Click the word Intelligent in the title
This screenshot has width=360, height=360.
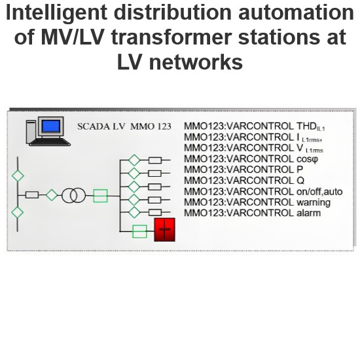click(x=56, y=14)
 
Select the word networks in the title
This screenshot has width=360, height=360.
click(x=196, y=62)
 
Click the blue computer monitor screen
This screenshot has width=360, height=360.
click(x=51, y=126)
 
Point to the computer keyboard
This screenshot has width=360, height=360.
click(x=50, y=142)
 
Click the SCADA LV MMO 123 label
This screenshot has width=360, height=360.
click(x=124, y=126)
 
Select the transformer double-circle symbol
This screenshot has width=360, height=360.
click(x=74, y=196)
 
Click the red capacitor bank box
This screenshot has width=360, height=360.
click(x=164, y=230)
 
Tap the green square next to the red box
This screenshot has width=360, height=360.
click(x=139, y=232)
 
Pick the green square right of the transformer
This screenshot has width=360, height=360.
click(x=100, y=196)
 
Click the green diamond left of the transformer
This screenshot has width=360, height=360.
click(x=52, y=195)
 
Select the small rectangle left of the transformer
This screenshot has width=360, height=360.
click(x=32, y=195)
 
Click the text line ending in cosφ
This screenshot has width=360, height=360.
click(x=251, y=159)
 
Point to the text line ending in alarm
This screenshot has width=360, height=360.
click(x=252, y=213)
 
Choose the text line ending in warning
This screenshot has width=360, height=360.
click(x=257, y=202)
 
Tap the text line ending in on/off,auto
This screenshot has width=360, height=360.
click(x=263, y=192)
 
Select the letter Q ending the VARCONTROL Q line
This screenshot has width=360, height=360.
click(x=300, y=181)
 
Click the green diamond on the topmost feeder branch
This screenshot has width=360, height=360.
click(x=134, y=160)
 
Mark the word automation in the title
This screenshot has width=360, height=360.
click(x=296, y=12)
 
